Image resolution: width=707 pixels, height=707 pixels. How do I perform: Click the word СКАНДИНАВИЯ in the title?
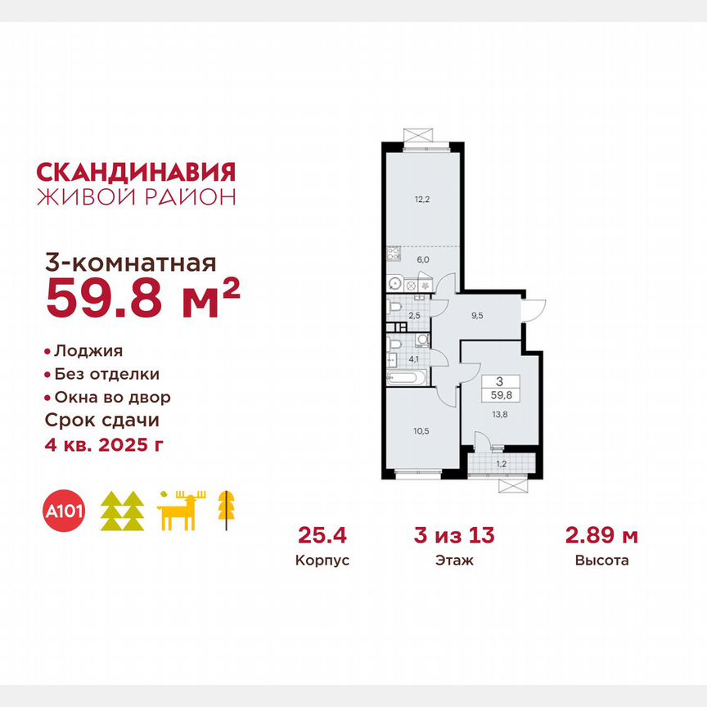click(x=137, y=171)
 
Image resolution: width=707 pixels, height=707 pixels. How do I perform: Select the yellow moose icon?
click(x=178, y=511)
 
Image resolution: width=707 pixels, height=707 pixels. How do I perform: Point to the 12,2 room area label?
click(x=421, y=197)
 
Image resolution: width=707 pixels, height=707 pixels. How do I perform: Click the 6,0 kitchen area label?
click(x=421, y=259)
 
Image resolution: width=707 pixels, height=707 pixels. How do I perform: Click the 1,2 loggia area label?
click(x=501, y=465)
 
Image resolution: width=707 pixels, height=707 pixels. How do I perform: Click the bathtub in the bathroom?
click(x=407, y=379)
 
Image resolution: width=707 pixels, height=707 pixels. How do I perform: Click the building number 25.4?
click(x=311, y=537)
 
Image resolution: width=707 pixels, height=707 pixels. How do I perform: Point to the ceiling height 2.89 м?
click(x=601, y=537)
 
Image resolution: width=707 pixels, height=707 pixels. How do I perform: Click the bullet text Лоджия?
click(x=88, y=351)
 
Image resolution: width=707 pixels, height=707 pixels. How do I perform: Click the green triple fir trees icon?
click(x=122, y=511)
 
